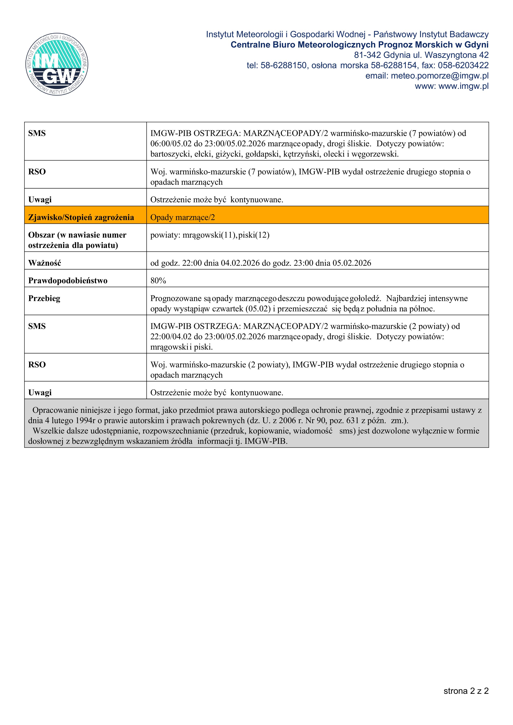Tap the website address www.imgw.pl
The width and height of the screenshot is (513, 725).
[x=463, y=86]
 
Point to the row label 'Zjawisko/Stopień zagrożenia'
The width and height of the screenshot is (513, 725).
[x=81, y=217]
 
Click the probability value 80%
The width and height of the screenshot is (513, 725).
[x=158, y=281]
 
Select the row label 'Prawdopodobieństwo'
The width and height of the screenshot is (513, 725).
[x=68, y=281]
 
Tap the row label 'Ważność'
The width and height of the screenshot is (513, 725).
[x=44, y=263]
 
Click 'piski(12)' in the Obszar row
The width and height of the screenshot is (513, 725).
[x=254, y=235]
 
